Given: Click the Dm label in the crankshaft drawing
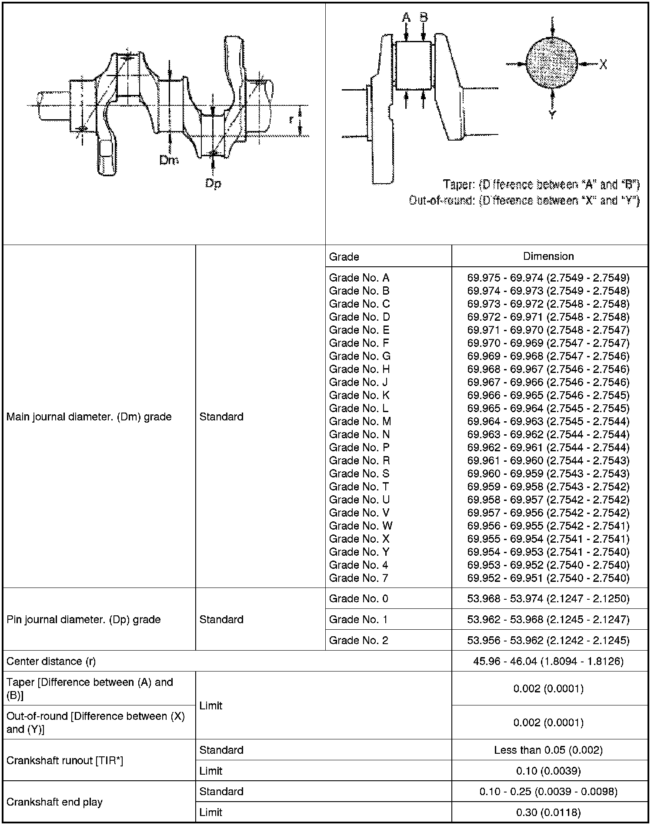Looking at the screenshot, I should click(x=169, y=160).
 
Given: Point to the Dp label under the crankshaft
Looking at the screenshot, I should click(x=213, y=183).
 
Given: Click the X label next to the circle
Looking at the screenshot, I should click(x=603, y=64).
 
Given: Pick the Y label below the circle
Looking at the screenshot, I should click(x=552, y=115).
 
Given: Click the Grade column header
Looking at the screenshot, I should click(x=344, y=256).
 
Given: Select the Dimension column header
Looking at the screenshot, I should click(x=548, y=256).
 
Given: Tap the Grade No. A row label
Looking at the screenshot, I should click(x=359, y=278).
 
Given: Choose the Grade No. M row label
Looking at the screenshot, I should click(x=360, y=421).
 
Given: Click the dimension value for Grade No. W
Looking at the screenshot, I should click(x=548, y=526).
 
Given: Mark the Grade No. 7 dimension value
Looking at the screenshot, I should click(x=548, y=578).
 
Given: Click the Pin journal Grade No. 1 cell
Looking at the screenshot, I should click(x=358, y=619).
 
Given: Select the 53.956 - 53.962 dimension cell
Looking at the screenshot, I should click(x=548, y=640).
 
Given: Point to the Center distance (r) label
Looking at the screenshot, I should click(x=51, y=661).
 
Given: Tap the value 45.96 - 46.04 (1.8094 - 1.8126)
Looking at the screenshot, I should click(x=548, y=661).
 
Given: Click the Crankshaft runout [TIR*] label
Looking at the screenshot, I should click(x=65, y=760).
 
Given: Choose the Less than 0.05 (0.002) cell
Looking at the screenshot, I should click(x=548, y=750).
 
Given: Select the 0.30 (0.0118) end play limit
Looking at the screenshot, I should click(x=548, y=812).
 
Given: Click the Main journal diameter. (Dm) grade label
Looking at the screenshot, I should click(x=89, y=416).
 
